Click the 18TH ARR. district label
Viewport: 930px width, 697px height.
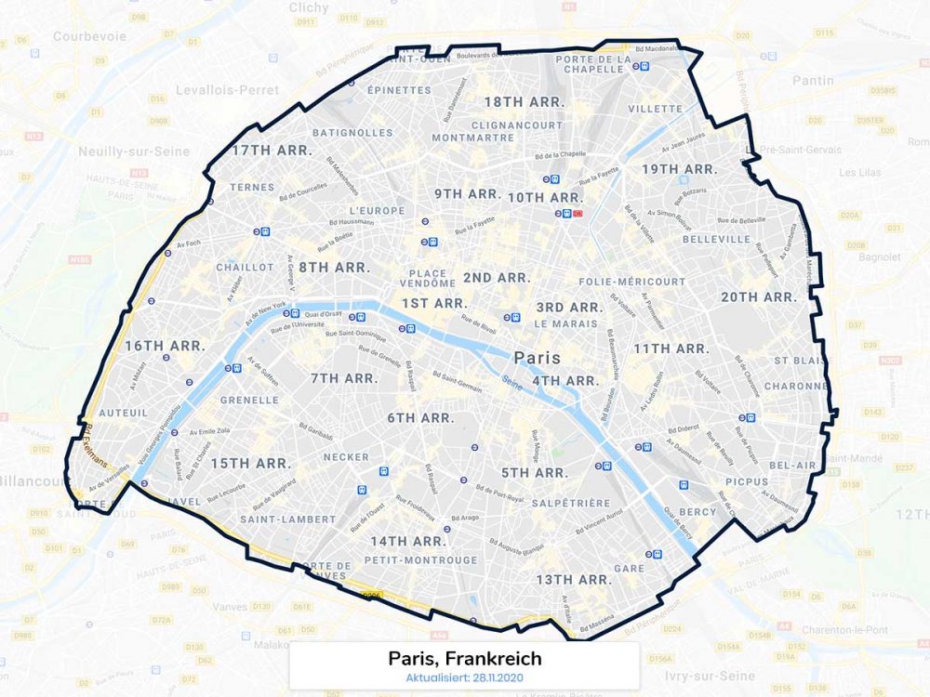pos(517,101)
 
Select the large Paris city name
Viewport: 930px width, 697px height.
pos(538,358)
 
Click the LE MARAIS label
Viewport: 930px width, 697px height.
pos(565,324)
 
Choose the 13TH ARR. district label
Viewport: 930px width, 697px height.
pos(574,580)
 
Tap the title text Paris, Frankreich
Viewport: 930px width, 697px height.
pos(464,659)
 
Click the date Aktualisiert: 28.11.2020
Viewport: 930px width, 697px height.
pos(464,677)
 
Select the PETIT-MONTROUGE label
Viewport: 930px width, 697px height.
pos(420,560)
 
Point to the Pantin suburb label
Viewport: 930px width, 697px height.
pos(813,81)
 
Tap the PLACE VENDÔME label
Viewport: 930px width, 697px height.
pos(428,279)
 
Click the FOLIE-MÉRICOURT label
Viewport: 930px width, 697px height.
pos(631,281)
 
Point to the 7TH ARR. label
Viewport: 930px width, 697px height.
pos(344,378)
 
